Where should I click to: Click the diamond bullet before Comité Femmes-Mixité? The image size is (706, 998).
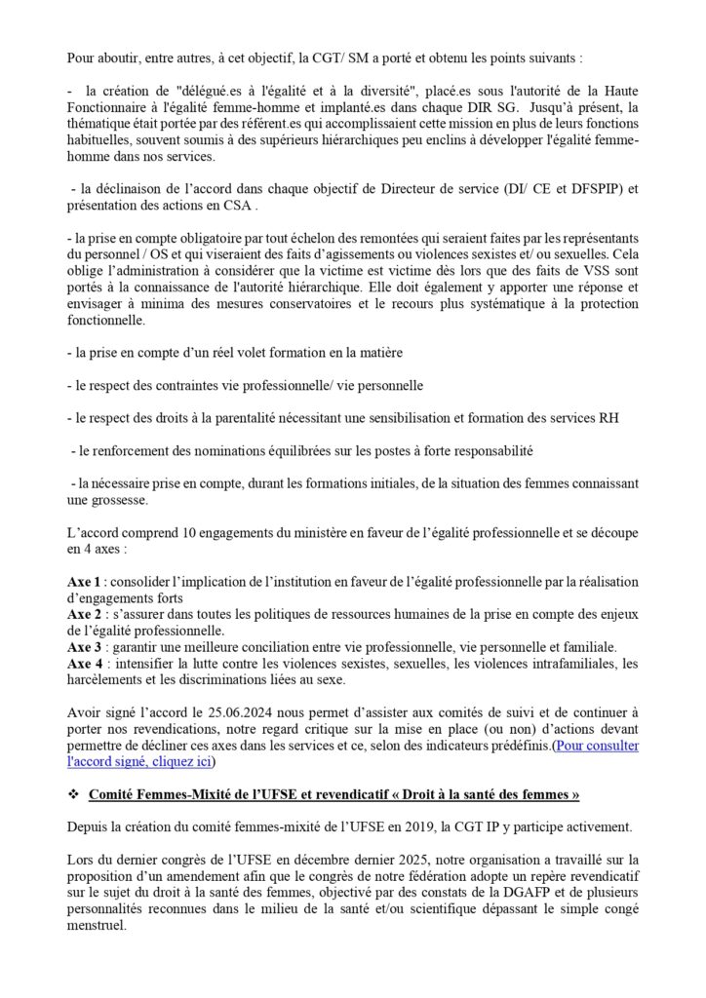pos(73,795)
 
